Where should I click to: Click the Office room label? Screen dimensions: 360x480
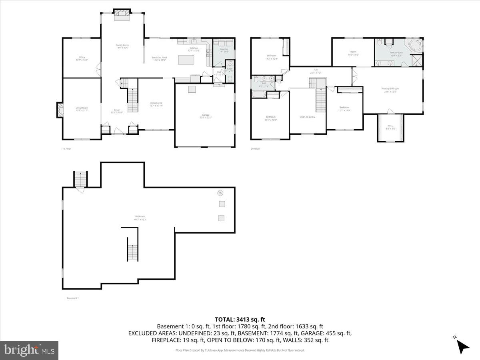pyautogui.click(x=82, y=58)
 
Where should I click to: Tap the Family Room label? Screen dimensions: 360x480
pyautogui.click(x=122, y=46)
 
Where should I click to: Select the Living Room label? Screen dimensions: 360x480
pyautogui.click(x=82, y=109)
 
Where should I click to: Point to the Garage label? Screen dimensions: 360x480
pyautogui.click(x=205, y=116)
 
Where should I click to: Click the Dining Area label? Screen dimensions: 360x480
pyautogui.click(x=156, y=104)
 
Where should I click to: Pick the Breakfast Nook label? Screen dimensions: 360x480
pyautogui.click(x=159, y=58)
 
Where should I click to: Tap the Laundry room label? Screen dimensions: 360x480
pyautogui.click(x=224, y=50)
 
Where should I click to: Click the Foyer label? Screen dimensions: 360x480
pyautogui.click(x=117, y=111)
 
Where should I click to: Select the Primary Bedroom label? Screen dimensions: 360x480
pyautogui.click(x=390, y=90)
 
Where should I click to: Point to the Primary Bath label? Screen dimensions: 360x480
pyautogui.click(x=396, y=54)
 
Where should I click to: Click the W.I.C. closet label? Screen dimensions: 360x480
pyautogui.click(x=390, y=128)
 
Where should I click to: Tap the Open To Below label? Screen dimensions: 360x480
pyautogui.click(x=307, y=117)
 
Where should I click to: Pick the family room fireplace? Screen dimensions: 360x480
pyautogui.click(x=122, y=15)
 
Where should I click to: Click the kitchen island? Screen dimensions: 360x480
pyautogui.click(x=186, y=60)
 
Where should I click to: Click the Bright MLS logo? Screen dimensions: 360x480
pyautogui.click(x=29, y=350)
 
